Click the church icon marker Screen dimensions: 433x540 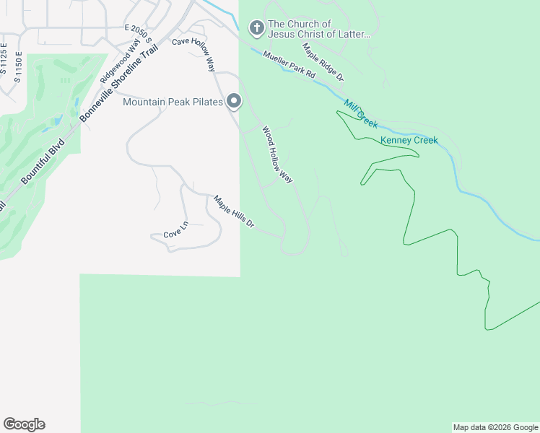[256, 29]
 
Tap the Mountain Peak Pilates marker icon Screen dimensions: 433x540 [233, 102]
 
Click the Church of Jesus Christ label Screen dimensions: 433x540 [318, 29]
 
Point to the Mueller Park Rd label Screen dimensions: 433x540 [289, 65]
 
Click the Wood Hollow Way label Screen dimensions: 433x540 [277, 155]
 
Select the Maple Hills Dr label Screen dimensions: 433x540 [234, 211]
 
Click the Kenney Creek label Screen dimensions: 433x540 [409, 140]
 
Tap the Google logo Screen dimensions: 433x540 [24, 424]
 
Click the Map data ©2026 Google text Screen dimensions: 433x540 [495, 427]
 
